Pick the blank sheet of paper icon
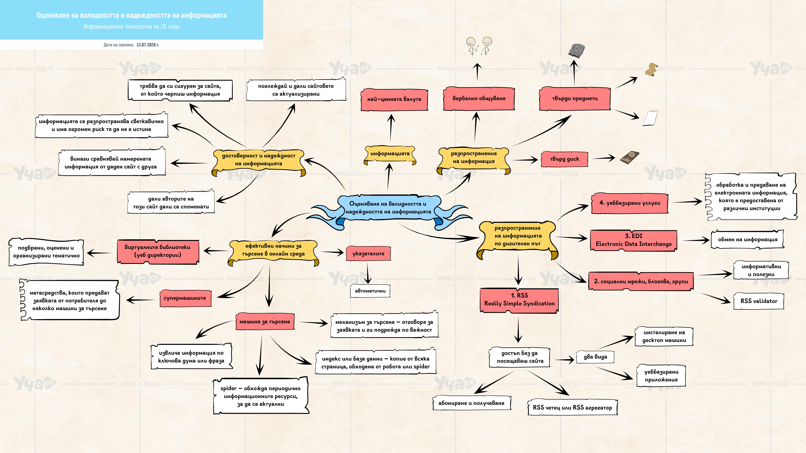[650, 118]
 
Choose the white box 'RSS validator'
[759, 301]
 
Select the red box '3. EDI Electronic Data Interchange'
[634, 240]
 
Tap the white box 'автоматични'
[370, 291]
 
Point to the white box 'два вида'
[595, 357]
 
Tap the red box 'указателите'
[368, 254]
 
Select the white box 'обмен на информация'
[748, 239]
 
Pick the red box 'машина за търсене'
[265, 321]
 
